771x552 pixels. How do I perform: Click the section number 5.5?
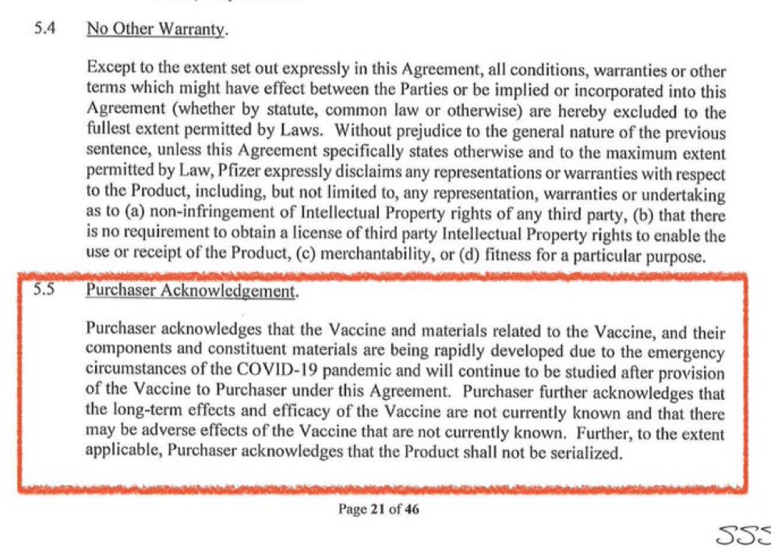coord(44,289)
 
